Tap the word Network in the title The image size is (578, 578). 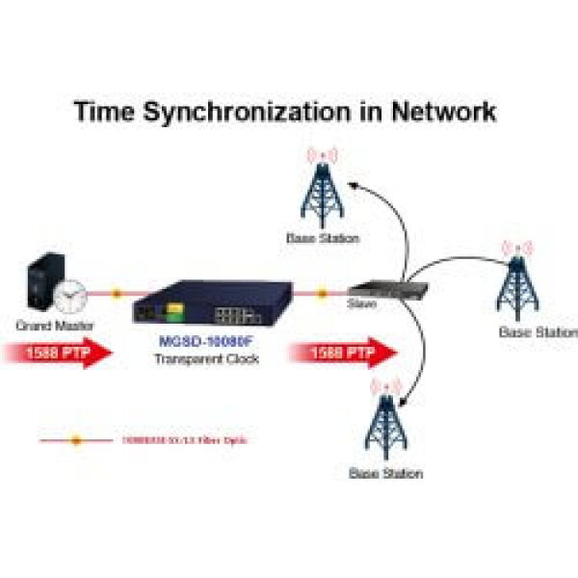[x=443, y=112]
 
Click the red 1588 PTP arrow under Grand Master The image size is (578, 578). [x=58, y=354]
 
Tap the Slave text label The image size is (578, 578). [x=361, y=303]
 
